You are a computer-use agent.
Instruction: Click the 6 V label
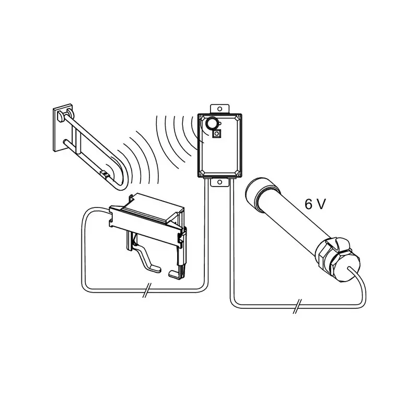point(316,205)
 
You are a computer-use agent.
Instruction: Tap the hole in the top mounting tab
point(219,109)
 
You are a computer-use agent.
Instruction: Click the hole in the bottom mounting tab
point(219,182)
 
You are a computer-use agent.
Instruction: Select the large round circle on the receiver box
point(211,123)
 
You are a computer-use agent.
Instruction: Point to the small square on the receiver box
point(217,134)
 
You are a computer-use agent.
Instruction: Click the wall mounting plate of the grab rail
point(63,128)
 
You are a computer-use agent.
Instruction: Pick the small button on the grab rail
point(105,175)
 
